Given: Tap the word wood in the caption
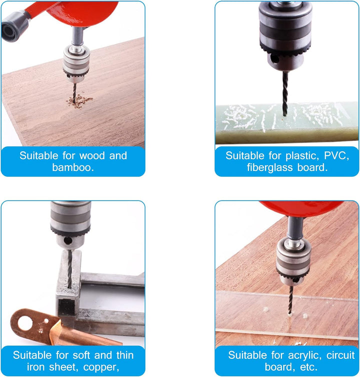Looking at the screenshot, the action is tap(92, 155).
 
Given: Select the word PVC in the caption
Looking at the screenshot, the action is tap(335, 155).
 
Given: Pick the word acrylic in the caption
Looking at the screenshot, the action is tap(304, 355).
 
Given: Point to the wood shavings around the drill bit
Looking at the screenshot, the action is tap(79, 100).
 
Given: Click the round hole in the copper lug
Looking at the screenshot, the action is tap(25, 322).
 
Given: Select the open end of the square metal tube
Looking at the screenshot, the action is tap(66, 306).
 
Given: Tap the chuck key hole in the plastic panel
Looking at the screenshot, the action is tap(274, 58).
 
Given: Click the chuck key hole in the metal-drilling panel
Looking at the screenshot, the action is tap(67, 240).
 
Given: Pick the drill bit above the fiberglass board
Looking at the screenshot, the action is tap(285, 93).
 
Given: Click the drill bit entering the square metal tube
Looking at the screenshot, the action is tap(69, 269).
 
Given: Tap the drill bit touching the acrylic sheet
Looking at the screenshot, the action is tap(290, 300).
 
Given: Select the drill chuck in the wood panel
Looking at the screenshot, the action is tap(76, 63).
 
